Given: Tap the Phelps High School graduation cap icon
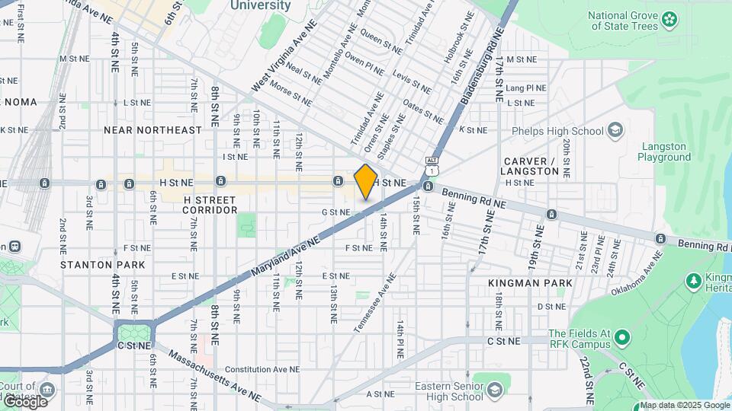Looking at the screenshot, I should (x=615, y=131).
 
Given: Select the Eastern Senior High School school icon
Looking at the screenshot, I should (x=494, y=391).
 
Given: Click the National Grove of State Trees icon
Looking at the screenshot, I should (x=669, y=18).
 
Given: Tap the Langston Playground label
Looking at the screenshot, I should (x=664, y=151).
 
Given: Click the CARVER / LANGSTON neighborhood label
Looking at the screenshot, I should (x=531, y=166).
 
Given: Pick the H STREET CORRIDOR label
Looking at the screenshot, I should (x=210, y=204).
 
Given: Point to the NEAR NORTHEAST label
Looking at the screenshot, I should (x=152, y=130).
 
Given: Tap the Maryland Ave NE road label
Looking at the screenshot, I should (x=284, y=256).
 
